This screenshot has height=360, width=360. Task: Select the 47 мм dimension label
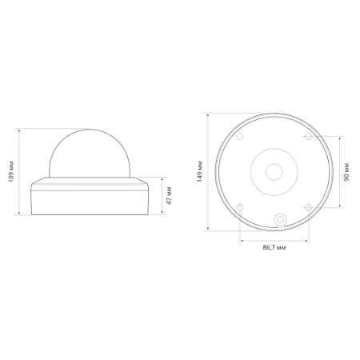(167, 195)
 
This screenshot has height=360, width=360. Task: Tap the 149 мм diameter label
(198, 170)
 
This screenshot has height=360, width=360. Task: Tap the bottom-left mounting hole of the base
(239, 206)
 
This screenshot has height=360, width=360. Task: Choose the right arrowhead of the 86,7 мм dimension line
(308, 238)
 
